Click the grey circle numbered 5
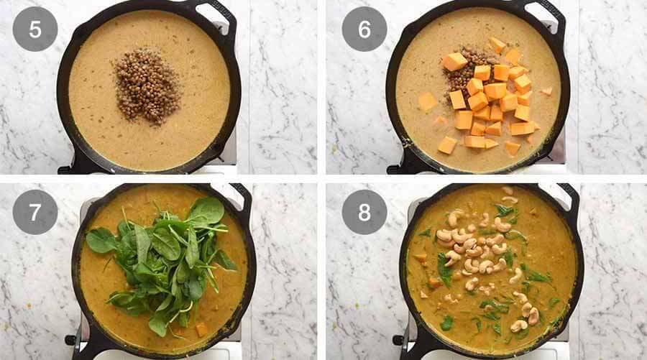(x=35, y=29)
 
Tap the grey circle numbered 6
(x=364, y=29)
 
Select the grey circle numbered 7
(x=35, y=212)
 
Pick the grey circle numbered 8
(x=364, y=212)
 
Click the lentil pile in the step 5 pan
(x=149, y=86)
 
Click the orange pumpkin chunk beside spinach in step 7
(x=201, y=328)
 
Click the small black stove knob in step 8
(x=398, y=340)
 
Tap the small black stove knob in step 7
(x=70, y=340)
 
